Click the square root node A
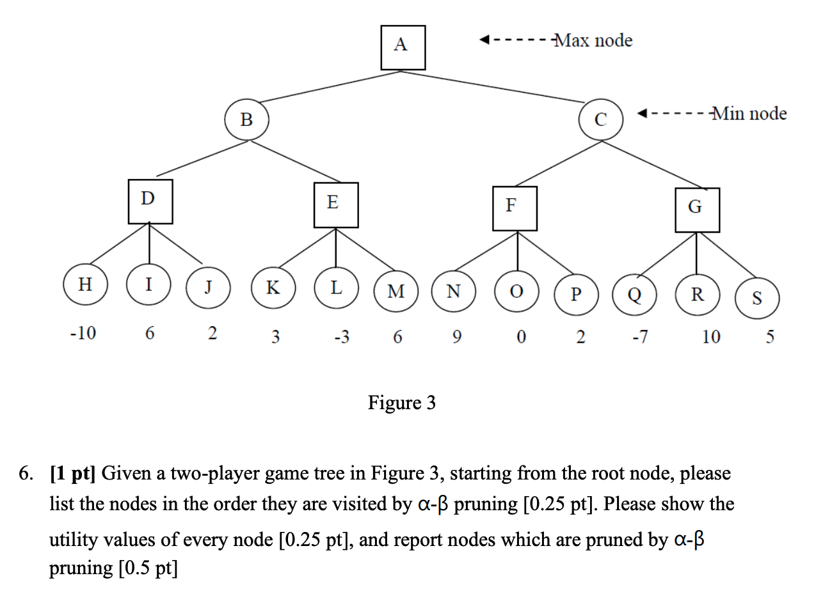click(403, 47)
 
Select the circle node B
click(246, 120)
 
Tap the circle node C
click(600, 120)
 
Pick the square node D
click(150, 201)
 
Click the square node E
click(335, 205)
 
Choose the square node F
click(514, 208)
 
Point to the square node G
click(697, 210)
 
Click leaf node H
click(85, 285)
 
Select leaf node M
click(396, 292)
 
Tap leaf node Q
click(635, 295)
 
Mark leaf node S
click(757, 298)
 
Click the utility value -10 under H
click(83, 333)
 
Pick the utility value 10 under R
click(710, 336)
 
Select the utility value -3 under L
click(342, 336)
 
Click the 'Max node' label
click(593, 41)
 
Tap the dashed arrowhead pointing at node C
click(643, 114)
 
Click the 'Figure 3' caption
click(401, 403)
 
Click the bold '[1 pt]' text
click(73, 474)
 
